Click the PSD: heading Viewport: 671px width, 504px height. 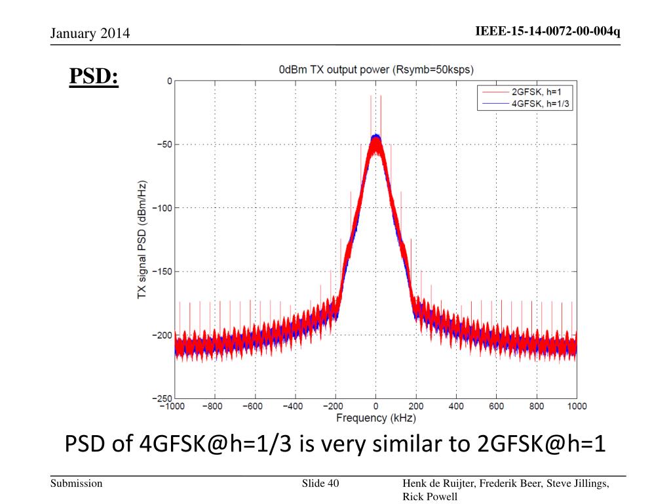pos(94,77)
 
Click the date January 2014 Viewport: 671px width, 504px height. pos(90,33)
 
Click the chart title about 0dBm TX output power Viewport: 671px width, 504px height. pos(375,69)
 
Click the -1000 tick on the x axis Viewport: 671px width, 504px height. pos(173,407)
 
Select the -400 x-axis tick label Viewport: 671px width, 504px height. pos(294,407)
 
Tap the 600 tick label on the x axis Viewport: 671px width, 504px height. pos(496,407)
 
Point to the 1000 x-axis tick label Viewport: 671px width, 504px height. pos(577,407)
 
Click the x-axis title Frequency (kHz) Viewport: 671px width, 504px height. pos(376,418)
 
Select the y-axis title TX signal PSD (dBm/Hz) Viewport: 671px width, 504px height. pos(142,240)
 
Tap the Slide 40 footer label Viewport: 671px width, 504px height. pos(320,484)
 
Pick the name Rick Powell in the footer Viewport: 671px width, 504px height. pos(430,497)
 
